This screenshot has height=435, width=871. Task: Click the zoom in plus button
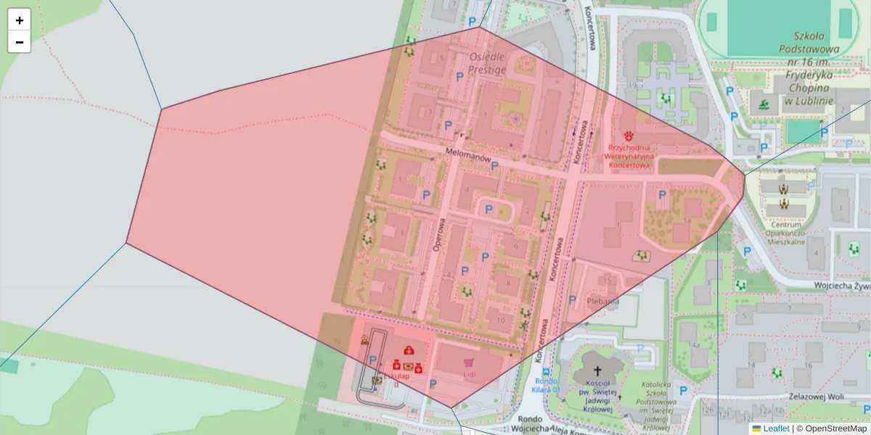[x=19, y=20]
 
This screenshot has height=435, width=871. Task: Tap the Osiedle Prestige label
[x=487, y=63]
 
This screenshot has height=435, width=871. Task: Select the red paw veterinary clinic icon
[x=629, y=135]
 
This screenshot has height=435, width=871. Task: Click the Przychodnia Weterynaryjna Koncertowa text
[x=629, y=156]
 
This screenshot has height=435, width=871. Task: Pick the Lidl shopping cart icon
[x=470, y=362]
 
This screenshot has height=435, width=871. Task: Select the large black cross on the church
[x=597, y=371]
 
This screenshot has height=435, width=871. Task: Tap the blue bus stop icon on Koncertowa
[x=545, y=370]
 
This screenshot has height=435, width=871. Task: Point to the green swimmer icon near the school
[x=764, y=104]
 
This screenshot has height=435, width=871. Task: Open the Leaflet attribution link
[x=775, y=428]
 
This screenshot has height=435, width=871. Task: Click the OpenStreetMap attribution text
[x=831, y=428]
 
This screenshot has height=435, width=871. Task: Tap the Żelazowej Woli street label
[x=819, y=397]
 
